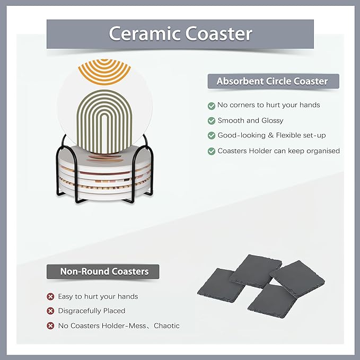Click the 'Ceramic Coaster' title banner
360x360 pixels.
click(180, 33)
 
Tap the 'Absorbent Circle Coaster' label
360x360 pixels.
click(272, 81)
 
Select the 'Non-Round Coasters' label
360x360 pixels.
click(104, 272)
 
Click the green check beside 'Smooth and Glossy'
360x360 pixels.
click(212, 120)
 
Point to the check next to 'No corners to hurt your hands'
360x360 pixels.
click(212, 105)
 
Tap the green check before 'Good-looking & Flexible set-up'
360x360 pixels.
click(212, 136)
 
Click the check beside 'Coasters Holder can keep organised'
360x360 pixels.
click(212, 151)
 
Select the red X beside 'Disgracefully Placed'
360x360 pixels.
click(50, 311)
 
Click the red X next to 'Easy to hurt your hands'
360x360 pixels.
click(50, 296)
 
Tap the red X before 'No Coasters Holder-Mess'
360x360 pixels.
click(50, 326)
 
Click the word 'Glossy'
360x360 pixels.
click(272, 120)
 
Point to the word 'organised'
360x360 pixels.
click(321, 151)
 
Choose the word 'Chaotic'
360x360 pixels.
click(166, 326)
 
